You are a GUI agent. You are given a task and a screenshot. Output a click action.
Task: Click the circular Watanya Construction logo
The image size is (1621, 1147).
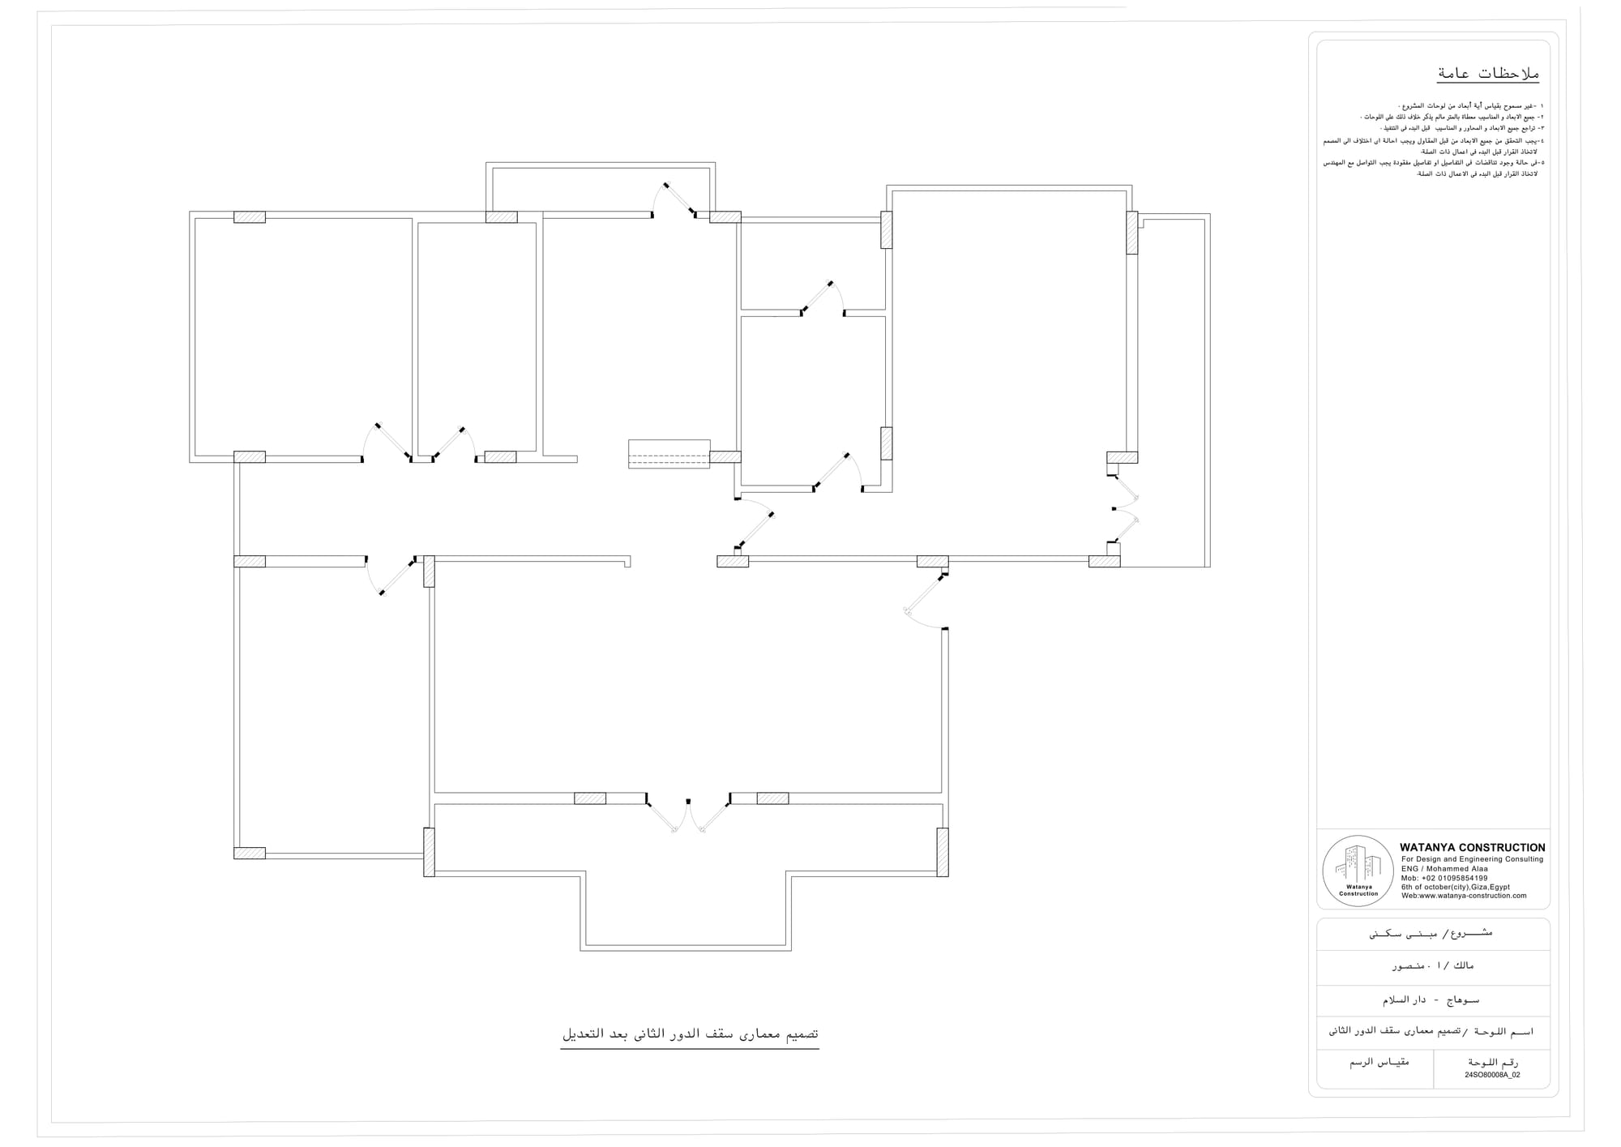coord(1358,871)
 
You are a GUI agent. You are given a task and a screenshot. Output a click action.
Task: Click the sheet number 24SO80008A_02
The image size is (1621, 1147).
coord(1492,1075)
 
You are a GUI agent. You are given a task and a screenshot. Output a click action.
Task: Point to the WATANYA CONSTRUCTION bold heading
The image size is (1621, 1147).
coord(1472,847)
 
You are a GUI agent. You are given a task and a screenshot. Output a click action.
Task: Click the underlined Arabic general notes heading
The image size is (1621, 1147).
coord(1487,74)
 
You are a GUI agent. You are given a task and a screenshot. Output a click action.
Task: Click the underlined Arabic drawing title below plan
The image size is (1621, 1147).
coord(690,1035)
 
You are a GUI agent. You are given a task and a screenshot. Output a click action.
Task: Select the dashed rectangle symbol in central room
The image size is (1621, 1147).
coord(669,454)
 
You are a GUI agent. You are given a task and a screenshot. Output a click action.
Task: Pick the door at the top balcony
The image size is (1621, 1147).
coord(679,200)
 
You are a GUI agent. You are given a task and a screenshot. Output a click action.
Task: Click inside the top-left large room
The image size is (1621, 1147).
coord(302,336)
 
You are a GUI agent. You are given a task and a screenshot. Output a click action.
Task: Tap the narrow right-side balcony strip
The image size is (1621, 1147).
coord(1172,389)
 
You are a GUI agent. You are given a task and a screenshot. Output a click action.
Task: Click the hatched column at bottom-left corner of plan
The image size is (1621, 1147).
coord(250,853)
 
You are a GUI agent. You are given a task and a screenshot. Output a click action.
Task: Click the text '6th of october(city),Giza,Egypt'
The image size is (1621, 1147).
coord(1455,887)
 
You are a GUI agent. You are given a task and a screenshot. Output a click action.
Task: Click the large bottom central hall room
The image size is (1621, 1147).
coord(687,677)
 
